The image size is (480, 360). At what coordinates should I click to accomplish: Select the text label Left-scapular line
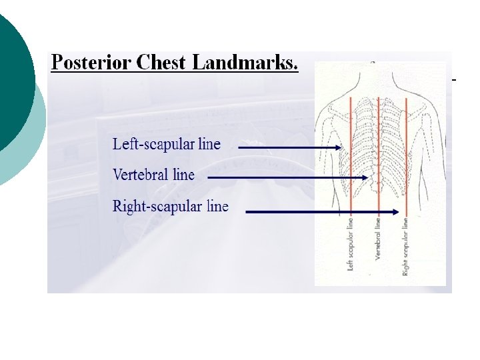click(166, 143)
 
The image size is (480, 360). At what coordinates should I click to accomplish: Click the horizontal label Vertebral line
click(153, 175)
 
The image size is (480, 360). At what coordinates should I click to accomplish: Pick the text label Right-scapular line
click(170, 206)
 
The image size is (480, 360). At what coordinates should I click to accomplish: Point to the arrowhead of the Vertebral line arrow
click(365, 178)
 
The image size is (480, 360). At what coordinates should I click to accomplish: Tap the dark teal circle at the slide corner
click(13, 80)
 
